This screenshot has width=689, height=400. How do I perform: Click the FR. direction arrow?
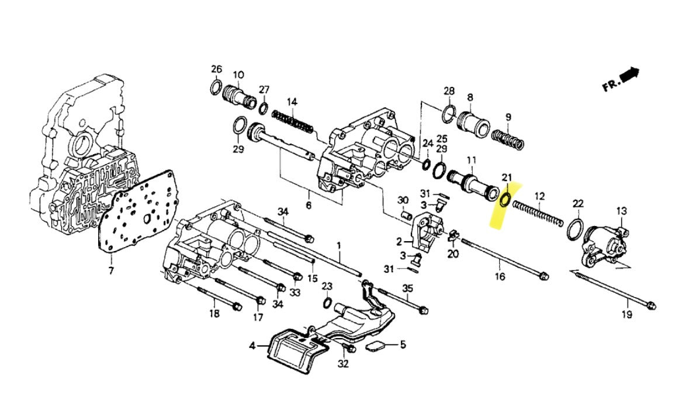(629, 74)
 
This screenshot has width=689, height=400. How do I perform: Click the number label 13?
(621, 211)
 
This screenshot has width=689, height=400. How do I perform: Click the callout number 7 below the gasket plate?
(112, 271)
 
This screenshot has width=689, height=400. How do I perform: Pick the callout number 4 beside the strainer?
(252, 346)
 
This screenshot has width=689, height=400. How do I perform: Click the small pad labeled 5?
(375, 346)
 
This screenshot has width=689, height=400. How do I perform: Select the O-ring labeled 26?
(215, 88)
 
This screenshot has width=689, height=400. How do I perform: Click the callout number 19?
(626, 315)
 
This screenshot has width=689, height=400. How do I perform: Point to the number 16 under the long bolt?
(500, 278)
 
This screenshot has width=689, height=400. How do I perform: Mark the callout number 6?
(309, 206)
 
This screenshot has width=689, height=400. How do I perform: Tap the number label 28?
(449, 91)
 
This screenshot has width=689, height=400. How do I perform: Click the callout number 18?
(214, 314)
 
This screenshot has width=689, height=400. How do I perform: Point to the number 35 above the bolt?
(407, 288)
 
